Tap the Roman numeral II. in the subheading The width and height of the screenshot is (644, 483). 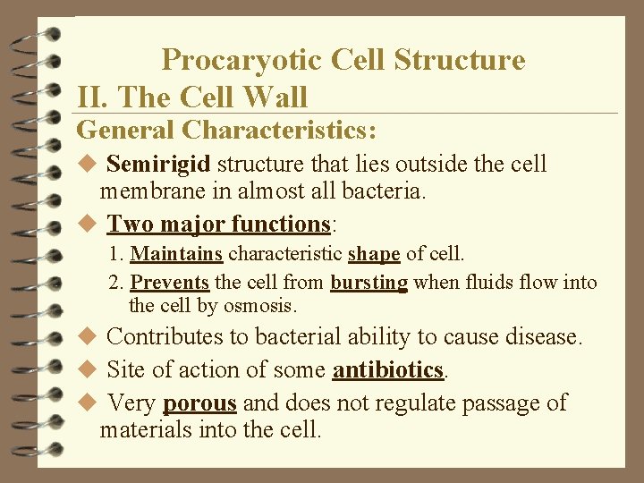click(93, 97)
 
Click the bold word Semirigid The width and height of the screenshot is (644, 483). click(158, 165)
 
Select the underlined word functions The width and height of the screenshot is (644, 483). click(281, 223)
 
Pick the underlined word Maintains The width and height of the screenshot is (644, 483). click(176, 254)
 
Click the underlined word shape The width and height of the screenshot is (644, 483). click(374, 254)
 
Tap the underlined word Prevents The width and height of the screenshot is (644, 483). click(170, 283)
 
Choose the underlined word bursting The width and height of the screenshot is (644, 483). click(369, 283)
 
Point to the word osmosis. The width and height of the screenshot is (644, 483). click(261, 305)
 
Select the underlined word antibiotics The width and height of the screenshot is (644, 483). click(388, 370)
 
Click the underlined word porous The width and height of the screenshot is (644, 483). click(199, 403)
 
